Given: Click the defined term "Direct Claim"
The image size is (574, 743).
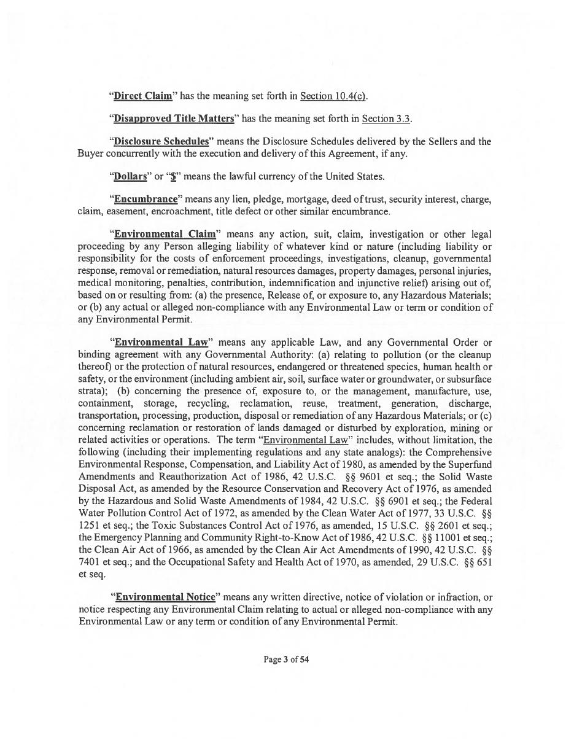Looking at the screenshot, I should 143,96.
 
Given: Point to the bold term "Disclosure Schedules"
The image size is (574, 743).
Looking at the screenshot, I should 161,141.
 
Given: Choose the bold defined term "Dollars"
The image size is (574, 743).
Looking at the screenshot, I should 131,176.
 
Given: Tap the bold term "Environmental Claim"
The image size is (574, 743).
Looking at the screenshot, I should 165,234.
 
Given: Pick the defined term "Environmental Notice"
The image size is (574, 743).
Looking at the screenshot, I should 165,597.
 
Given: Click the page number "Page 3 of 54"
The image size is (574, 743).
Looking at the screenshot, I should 286,659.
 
